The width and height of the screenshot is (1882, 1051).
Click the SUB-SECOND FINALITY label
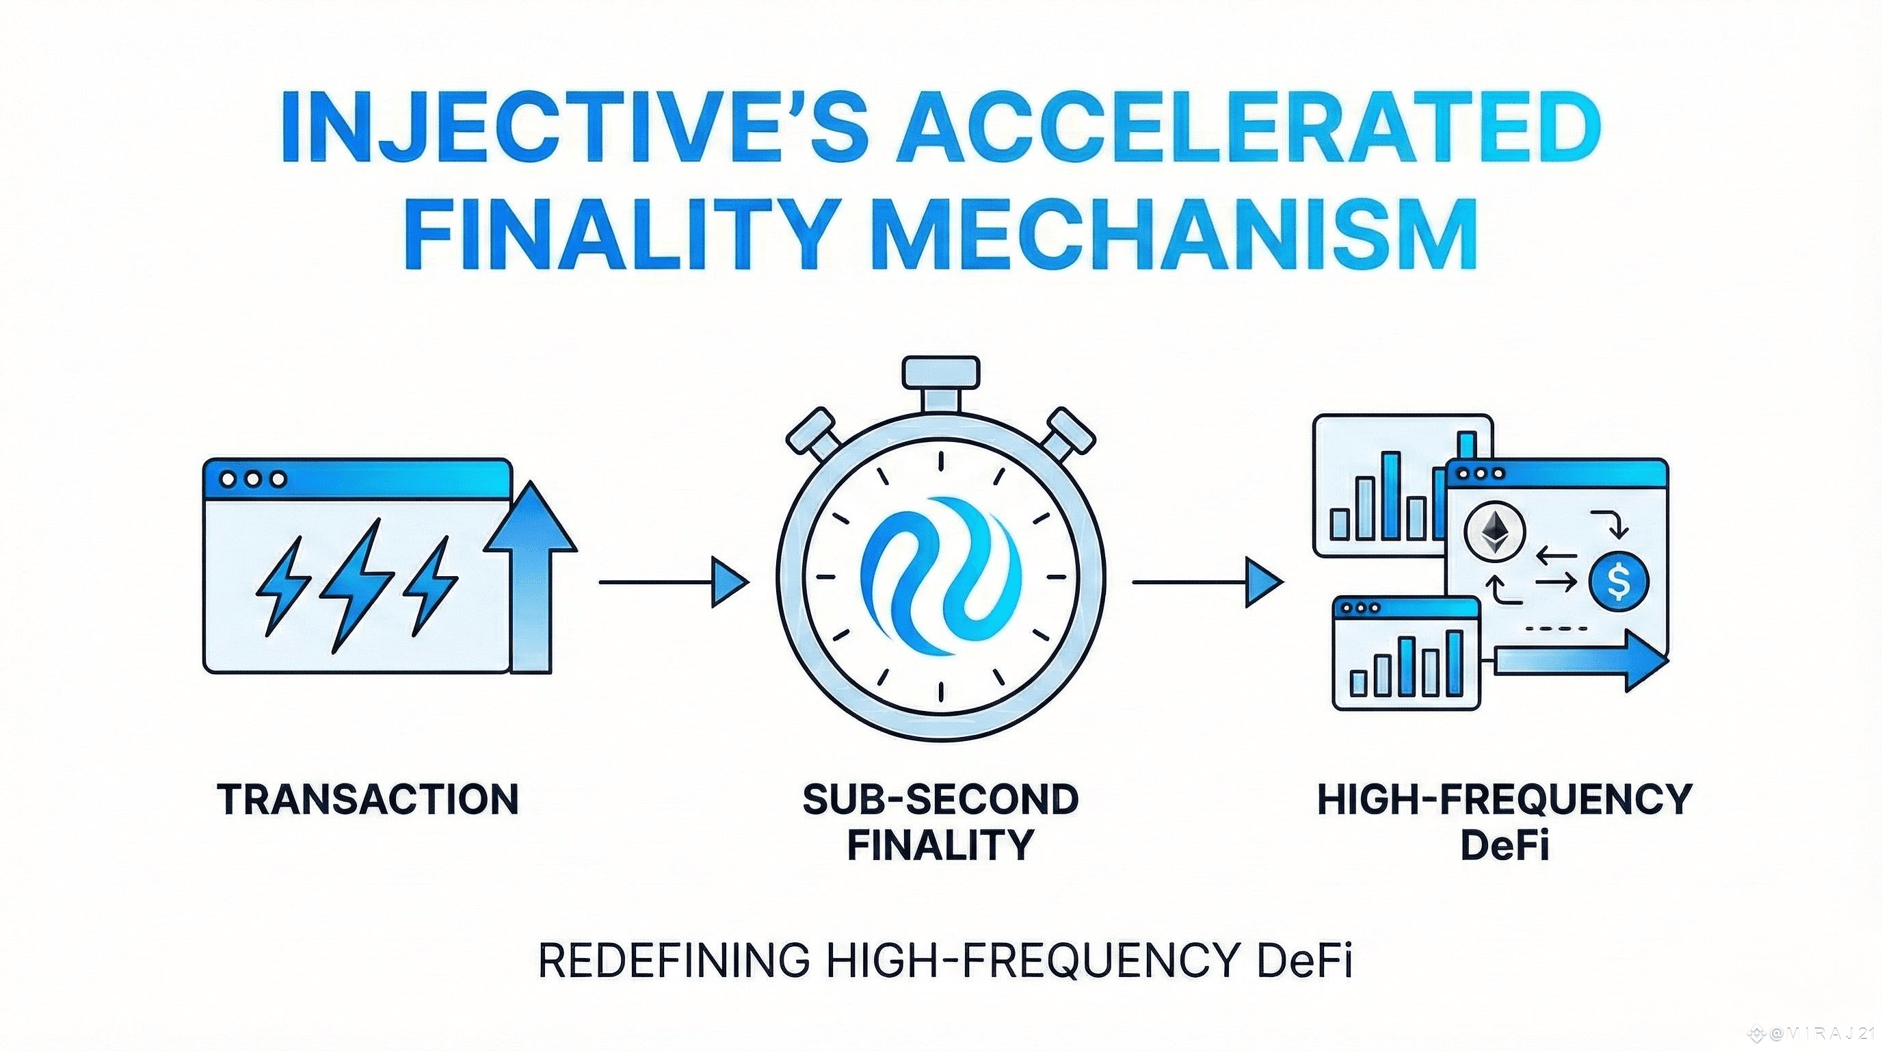click(940, 822)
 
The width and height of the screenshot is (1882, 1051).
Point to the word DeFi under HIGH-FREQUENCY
click(1505, 846)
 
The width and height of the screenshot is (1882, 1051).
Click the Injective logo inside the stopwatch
click(940, 567)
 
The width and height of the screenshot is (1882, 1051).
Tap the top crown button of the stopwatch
click(940, 373)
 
